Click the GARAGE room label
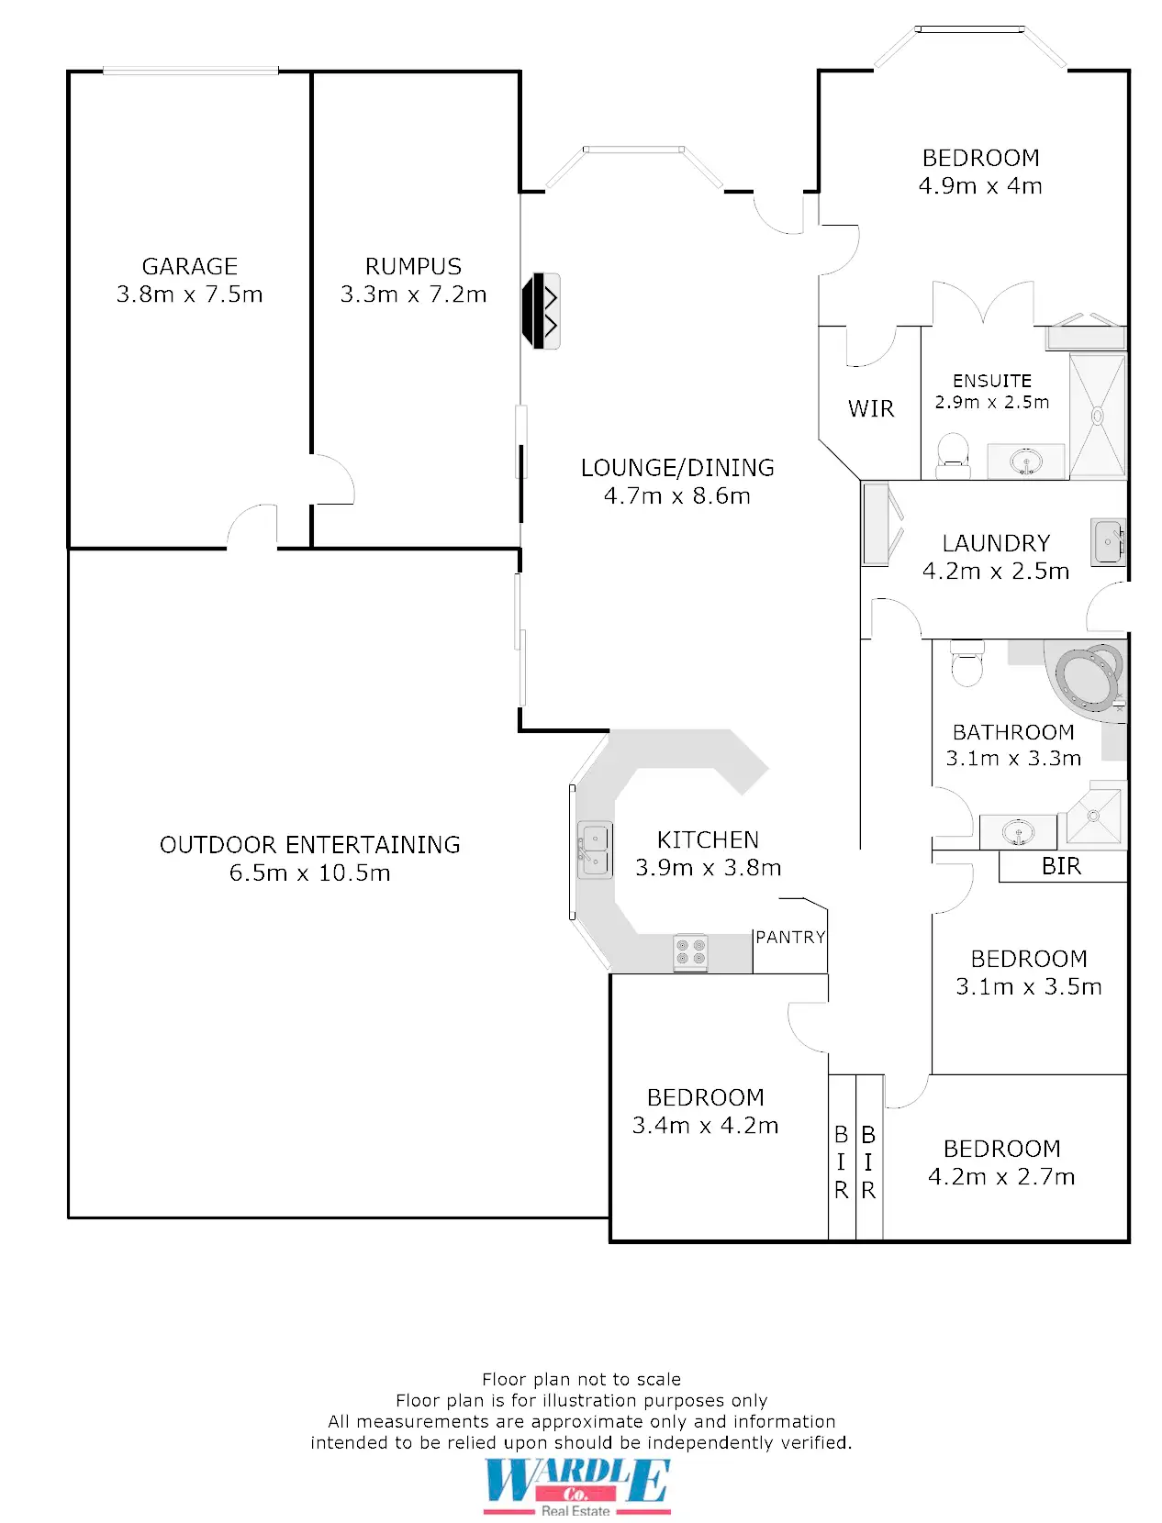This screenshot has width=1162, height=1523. [x=189, y=266]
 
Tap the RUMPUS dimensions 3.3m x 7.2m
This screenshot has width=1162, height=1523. [x=413, y=295]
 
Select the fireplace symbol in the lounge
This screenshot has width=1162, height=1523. [x=541, y=311]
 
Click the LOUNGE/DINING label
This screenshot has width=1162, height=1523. [x=677, y=468]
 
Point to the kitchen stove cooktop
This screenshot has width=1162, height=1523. [x=690, y=952]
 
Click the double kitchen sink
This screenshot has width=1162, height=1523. [x=595, y=850]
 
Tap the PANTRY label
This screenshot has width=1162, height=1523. [x=790, y=938]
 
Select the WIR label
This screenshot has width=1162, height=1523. [x=871, y=408]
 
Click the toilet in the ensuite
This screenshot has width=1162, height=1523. [x=953, y=456]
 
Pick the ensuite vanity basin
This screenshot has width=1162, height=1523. [x=1026, y=461]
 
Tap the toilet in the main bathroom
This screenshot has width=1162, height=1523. [x=966, y=662]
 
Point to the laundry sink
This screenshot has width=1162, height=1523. [x=1108, y=542]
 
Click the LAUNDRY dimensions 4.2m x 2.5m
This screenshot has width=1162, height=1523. [x=995, y=571]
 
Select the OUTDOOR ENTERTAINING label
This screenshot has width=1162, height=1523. [x=309, y=844]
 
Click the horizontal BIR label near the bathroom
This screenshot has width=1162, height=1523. [x=1061, y=866]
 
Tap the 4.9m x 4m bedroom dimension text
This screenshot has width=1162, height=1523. [x=980, y=186]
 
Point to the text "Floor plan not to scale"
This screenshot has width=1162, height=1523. [x=581, y=1379]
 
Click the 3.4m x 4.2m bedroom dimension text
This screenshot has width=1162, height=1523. [x=705, y=1126]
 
